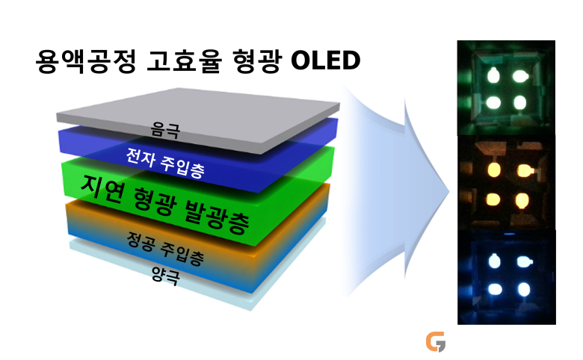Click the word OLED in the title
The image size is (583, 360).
coord(325,60)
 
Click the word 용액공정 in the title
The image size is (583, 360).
coord(85,61)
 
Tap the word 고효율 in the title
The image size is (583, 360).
coord(185,61)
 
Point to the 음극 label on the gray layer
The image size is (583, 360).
coord(165,131)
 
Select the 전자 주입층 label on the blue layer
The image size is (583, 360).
coord(165,162)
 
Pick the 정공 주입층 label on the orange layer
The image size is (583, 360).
coord(165,248)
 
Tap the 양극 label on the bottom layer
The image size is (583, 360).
coord(166,276)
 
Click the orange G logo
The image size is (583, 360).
coord(436,341)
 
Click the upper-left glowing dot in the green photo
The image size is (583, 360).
coord(494,75)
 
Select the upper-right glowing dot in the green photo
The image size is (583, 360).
coord(520,76)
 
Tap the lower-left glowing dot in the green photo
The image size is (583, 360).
coord(494,102)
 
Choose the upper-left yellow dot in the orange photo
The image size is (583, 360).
coord(494,170)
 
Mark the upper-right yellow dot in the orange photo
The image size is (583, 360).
coord(525,171)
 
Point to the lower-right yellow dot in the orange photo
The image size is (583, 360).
coord(521,201)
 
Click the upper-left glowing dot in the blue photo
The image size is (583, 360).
coord(494,261)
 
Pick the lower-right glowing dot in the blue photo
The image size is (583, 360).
coord(524,289)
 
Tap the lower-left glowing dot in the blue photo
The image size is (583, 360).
coord(496,289)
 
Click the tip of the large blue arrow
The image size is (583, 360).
coord(449,192)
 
